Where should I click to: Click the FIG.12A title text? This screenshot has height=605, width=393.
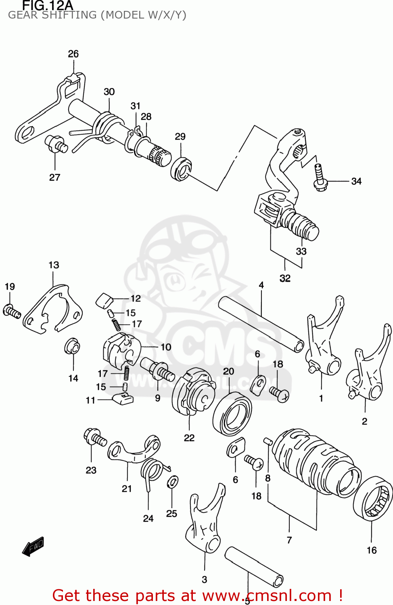point(48,6)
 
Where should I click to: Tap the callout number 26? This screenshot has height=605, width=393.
point(73,54)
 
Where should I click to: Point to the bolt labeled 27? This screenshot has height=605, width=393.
point(55,144)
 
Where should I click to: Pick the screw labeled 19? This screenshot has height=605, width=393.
point(12,311)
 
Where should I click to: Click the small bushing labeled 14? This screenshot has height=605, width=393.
point(72,346)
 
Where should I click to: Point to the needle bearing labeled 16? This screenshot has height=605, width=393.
point(373,499)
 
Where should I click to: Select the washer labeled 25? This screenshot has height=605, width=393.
point(173,482)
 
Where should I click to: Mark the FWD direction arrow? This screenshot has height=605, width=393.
point(33,547)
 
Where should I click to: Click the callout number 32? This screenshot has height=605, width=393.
point(285,278)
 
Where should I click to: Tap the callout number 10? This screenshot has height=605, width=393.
point(166,347)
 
